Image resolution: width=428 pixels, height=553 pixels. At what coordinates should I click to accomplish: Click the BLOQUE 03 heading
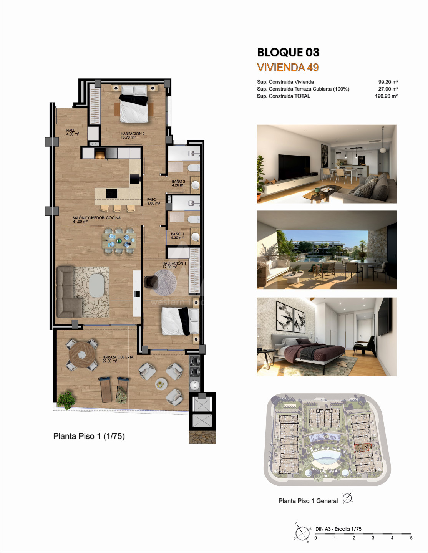pyautogui.click(x=288, y=53)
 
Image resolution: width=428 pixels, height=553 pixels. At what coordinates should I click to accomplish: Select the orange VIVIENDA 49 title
pyautogui.click(x=288, y=68)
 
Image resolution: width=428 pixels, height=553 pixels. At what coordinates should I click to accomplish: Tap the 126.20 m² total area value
pyautogui.click(x=386, y=96)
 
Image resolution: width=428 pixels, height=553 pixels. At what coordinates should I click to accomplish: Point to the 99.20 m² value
pyautogui.click(x=388, y=82)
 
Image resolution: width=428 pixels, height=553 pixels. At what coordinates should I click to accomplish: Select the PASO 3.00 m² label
pyautogui.click(x=153, y=201)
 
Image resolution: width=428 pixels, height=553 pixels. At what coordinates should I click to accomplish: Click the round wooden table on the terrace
pyautogui.click(x=82, y=354)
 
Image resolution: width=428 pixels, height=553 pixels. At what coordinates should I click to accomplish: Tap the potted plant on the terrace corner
pyautogui.click(x=66, y=400)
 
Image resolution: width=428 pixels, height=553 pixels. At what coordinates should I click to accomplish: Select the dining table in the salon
pyautogui.click(x=119, y=241)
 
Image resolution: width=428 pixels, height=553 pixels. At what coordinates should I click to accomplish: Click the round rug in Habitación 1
pyautogui.click(x=165, y=283)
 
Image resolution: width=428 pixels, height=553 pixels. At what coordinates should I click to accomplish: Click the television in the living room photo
pyautogui.click(x=294, y=167)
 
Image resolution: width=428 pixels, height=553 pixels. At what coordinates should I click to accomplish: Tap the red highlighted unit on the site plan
pyautogui.click(x=363, y=447)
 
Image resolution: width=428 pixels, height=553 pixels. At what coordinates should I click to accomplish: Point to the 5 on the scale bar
pyautogui.click(x=411, y=538)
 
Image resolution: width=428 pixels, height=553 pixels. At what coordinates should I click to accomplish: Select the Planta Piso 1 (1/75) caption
pyautogui.click(x=89, y=436)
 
